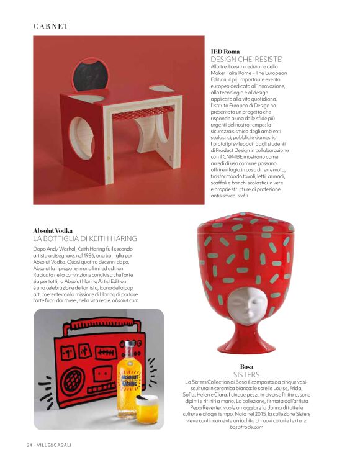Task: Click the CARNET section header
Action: click(51, 26)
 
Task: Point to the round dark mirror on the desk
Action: click(87, 76)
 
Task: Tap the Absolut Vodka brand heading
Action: click(55, 230)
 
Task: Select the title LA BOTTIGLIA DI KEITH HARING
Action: click(84, 238)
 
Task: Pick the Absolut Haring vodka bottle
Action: click(128, 372)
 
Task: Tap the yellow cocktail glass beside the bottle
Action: click(147, 407)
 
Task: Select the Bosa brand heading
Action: click(246, 367)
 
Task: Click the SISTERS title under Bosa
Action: click(246, 375)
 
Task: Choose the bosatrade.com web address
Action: click(246, 427)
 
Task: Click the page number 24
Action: click(29, 445)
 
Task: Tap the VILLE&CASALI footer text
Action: click(55, 445)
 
